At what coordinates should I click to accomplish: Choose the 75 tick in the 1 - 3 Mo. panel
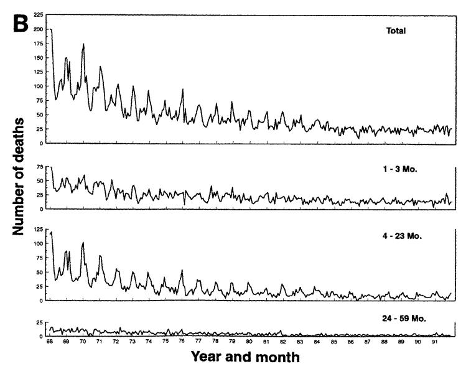[x=40, y=168]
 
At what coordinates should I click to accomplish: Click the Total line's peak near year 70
[x=83, y=44]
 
